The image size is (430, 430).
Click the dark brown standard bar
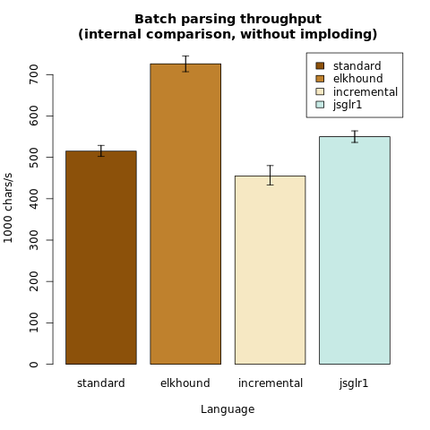pyautogui.click(x=101, y=257)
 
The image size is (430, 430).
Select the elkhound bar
pyautogui.click(x=185, y=214)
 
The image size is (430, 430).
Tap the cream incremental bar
pyautogui.click(x=270, y=270)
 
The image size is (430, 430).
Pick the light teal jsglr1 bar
pyautogui.click(x=355, y=250)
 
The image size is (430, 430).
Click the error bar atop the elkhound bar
pyautogui.click(x=185, y=64)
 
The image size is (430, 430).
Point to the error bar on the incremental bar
pyautogui.click(x=270, y=176)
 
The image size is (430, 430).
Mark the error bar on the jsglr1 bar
pyautogui.click(x=355, y=137)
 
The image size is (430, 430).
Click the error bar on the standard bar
pyautogui.click(x=101, y=150)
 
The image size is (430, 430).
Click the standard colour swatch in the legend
pyautogui.click(x=320, y=65)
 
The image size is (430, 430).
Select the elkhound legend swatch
pyautogui.click(x=320, y=79)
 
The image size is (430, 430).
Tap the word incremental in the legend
pyautogui.click(x=365, y=91)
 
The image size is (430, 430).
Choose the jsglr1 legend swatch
pyautogui.click(x=320, y=105)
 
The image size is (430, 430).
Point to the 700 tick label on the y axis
pyautogui.click(x=34, y=74)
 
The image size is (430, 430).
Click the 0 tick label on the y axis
pyautogui.click(x=34, y=365)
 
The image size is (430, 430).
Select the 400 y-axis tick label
pyautogui.click(x=34, y=199)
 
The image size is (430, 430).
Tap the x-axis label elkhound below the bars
pyautogui.click(x=185, y=383)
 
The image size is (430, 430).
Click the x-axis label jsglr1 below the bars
pyautogui.click(x=354, y=383)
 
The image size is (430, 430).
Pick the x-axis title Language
pyautogui.click(x=228, y=409)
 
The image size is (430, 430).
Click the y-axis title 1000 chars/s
pyautogui.click(x=8, y=208)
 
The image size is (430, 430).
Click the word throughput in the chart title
pyautogui.click(x=280, y=20)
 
